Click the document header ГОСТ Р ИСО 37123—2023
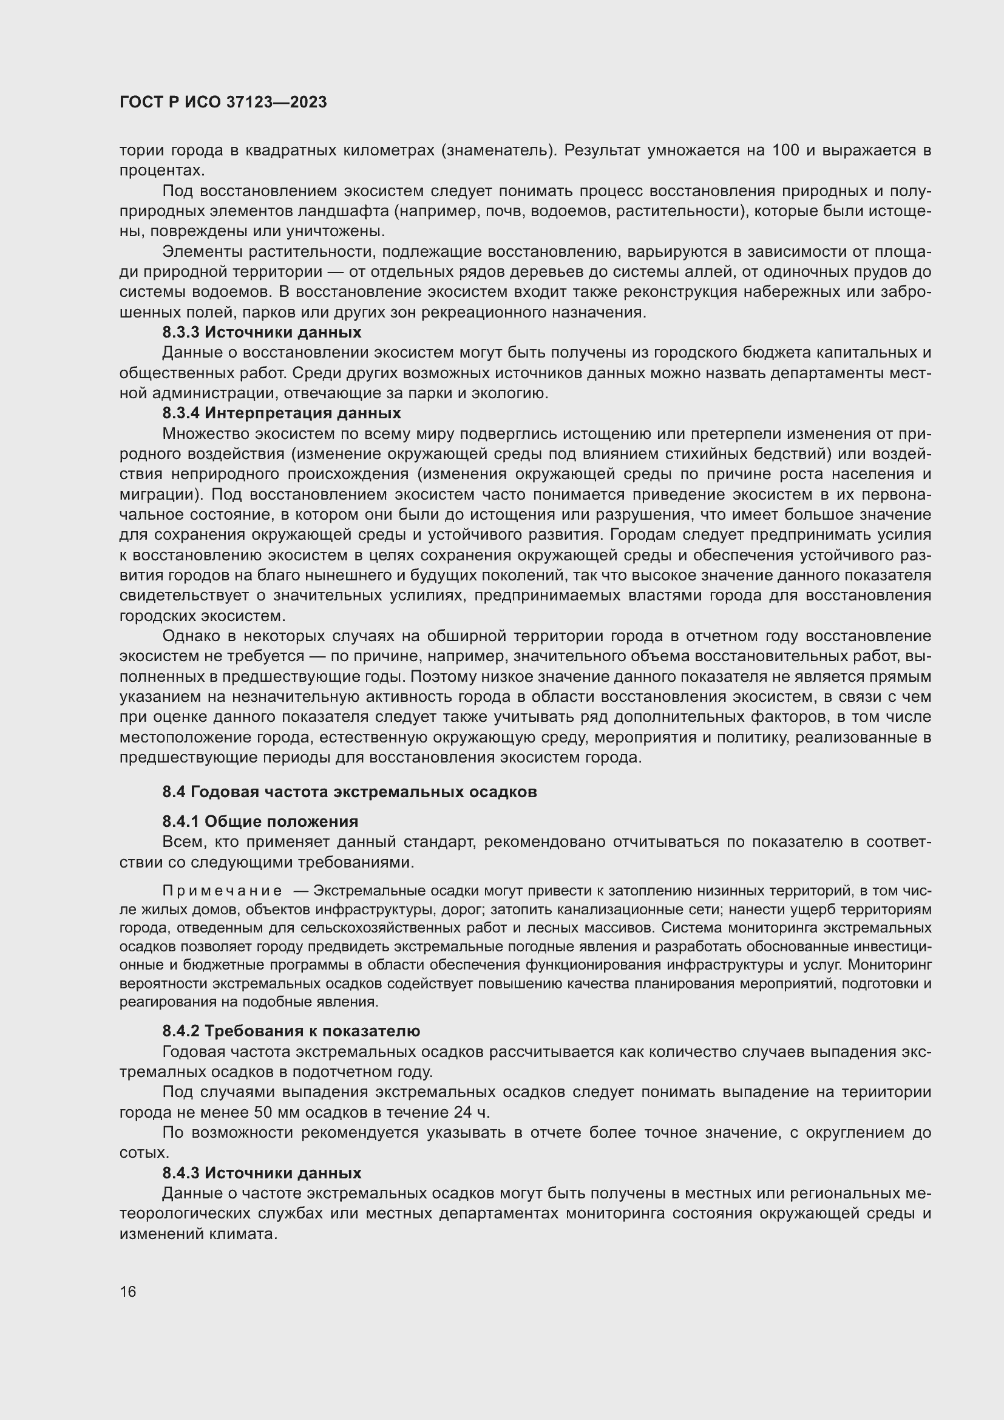(x=223, y=103)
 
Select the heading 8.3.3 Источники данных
(x=262, y=332)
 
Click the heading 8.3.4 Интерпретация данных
(x=281, y=412)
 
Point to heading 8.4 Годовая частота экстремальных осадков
(x=349, y=792)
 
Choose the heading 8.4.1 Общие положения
(x=260, y=821)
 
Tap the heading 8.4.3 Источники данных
(x=262, y=1173)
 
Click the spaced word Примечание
(x=222, y=891)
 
